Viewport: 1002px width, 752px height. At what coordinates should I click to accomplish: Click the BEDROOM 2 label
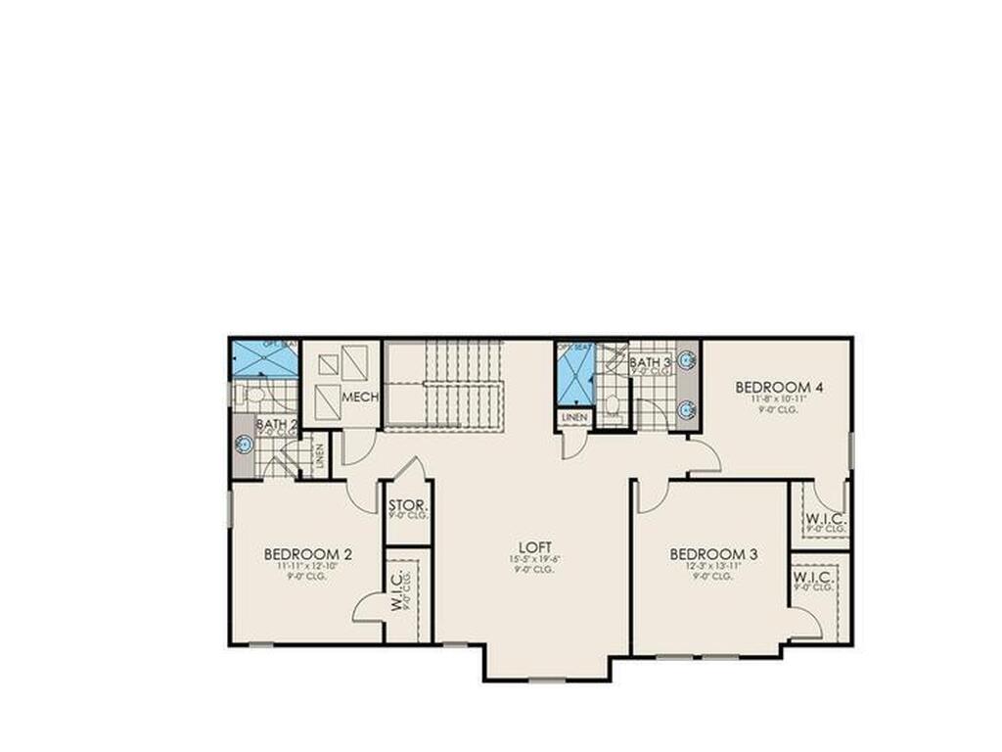pos(307,554)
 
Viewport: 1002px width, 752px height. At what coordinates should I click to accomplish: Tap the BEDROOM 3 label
pos(713,554)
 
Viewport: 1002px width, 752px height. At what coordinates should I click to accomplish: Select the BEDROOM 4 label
pos(779,387)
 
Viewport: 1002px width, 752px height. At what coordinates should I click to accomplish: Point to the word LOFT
pos(535,546)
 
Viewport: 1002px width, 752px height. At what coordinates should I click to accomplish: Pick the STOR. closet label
pos(407,506)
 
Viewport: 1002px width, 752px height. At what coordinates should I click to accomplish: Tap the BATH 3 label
pos(650,363)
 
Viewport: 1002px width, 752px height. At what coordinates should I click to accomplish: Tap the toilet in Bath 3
pos(613,403)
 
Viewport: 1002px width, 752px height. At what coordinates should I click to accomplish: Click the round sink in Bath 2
pos(244,445)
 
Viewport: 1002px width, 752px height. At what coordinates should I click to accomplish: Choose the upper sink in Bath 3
pos(687,360)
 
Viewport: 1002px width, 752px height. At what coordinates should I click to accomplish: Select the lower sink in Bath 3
pos(687,408)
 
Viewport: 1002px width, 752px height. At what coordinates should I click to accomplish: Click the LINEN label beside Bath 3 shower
pos(574,417)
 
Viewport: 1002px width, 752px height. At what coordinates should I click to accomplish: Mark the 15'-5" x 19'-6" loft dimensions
pos(535,559)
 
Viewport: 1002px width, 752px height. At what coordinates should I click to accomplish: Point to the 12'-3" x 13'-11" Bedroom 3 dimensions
pos(713,567)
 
